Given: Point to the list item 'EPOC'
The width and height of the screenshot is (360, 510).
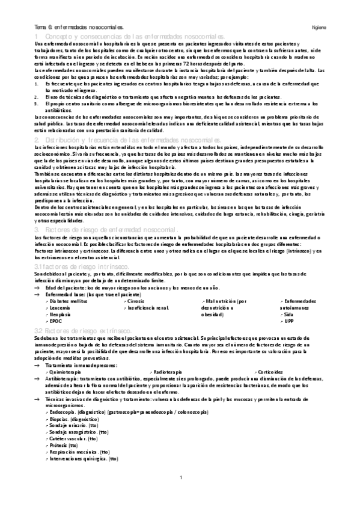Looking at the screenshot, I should click(x=56, y=322).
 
